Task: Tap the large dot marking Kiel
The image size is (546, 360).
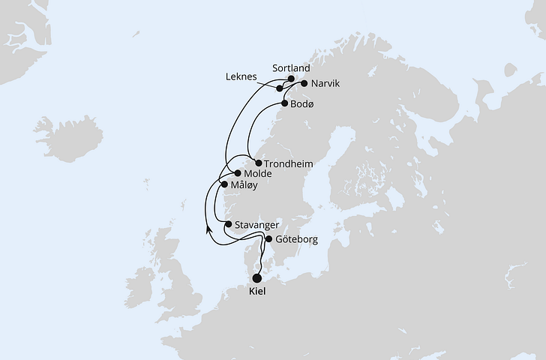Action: click(258, 277)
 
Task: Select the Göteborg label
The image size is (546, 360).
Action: click(297, 239)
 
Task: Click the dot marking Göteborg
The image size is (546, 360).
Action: click(269, 239)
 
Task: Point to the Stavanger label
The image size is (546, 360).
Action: click(257, 224)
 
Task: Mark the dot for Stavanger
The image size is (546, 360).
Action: click(228, 223)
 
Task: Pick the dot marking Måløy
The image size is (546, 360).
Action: click(223, 184)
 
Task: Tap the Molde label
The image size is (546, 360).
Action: click(258, 173)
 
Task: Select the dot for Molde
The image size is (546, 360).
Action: click(238, 173)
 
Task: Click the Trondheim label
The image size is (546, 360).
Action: click(289, 163)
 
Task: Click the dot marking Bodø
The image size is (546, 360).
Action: click(284, 103)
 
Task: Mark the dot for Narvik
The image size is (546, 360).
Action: click(304, 83)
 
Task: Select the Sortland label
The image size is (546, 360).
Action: click(292, 67)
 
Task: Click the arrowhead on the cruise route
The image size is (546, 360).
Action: click(208, 229)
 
